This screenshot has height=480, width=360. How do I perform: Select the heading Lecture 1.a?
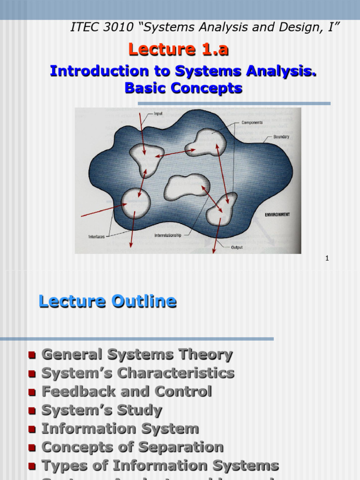[x=179, y=49]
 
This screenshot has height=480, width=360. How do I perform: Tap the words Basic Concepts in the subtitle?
[x=183, y=88]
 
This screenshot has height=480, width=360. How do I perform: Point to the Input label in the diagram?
[x=158, y=114]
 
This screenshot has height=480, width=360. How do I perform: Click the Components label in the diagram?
[x=252, y=123]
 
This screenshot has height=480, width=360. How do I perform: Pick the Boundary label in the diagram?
[x=281, y=137]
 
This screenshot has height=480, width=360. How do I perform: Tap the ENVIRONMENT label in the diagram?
[x=277, y=215]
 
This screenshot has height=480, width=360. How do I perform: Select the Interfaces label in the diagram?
[x=96, y=237]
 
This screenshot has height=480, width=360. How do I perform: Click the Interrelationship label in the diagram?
[x=168, y=235]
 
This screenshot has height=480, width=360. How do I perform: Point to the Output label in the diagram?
[x=237, y=247]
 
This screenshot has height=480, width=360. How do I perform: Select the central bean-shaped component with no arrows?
[x=186, y=186]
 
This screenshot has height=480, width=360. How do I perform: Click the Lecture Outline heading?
[x=107, y=301]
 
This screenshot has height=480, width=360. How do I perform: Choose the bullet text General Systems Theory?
[x=137, y=355]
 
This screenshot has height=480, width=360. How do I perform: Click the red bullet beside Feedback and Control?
[x=32, y=392]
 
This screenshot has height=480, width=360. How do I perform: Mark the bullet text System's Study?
[x=102, y=410]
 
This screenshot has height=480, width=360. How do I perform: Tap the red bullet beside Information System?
[x=32, y=429]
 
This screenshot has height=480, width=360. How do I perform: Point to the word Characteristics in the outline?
[x=175, y=374]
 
